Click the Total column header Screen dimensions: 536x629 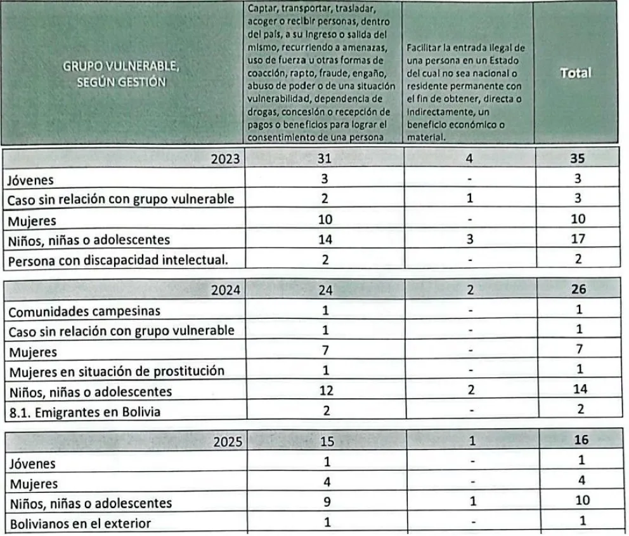575,73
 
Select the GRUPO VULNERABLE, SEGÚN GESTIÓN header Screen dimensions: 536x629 120,74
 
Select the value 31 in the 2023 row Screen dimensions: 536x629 324,159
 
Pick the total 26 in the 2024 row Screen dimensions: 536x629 578,291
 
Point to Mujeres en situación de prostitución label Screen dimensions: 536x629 115,371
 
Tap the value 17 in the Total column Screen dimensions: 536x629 578,239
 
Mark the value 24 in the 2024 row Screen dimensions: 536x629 324,291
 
